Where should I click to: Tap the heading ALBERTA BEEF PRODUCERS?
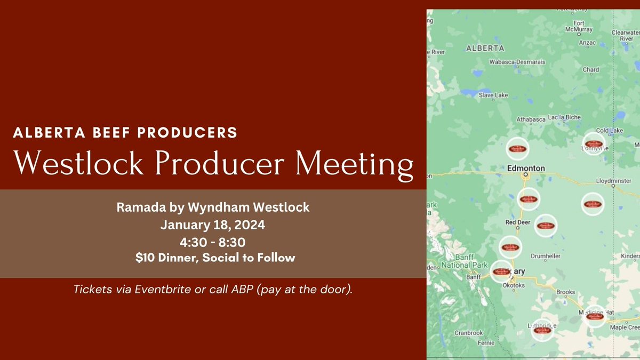pos(125,133)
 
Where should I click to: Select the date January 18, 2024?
pos(213,225)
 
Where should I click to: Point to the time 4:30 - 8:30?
pos(212,242)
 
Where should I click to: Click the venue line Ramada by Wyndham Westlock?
pos(213,207)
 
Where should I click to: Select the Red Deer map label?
pos(517,222)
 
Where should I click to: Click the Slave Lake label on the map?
pos(493,95)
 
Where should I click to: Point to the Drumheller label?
pos(545,256)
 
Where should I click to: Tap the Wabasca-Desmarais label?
pos(517,62)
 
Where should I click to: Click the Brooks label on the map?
pos(565,292)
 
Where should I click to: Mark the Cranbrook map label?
pos(468,333)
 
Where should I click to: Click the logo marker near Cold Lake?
pos(593,143)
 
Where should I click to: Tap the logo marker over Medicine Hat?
pos(594,316)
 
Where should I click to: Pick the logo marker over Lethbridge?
pos(542,330)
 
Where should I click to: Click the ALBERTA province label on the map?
pos(485,48)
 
